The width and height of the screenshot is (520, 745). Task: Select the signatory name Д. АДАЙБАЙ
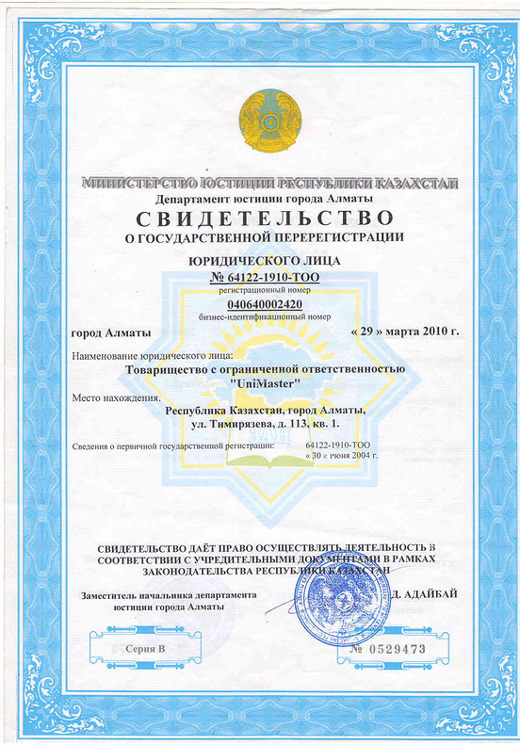429,595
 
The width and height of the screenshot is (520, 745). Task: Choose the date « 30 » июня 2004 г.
342,455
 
